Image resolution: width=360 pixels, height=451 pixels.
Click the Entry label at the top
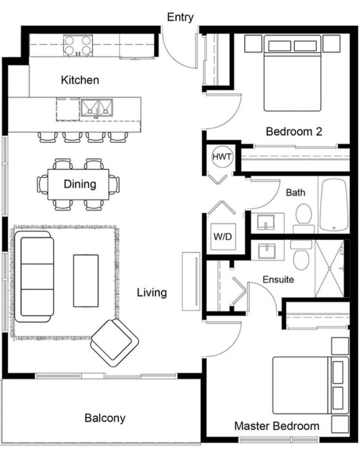[x=180, y=17]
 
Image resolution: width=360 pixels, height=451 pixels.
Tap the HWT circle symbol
[x=222, y=157]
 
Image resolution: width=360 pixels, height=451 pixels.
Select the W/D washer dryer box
[x=223, y=237]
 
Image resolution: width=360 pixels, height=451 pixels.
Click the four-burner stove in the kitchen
[x=78, y=46]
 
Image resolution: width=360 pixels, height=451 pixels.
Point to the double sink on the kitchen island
[x=97, y=108]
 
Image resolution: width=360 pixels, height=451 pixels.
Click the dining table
[x=78, y=184]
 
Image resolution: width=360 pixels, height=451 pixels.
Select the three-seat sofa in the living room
[x=35, y=277]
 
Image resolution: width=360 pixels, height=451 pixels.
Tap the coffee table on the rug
[x=86, y=281]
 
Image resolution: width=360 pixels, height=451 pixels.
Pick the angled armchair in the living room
[x=115, y=343]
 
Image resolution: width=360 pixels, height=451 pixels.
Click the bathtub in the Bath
[x=334, y=205]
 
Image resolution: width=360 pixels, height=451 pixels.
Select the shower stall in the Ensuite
[x=329, y=269]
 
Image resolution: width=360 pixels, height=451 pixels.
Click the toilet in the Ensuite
[x=301, y=255]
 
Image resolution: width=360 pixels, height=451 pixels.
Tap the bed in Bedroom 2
[x=292, y=73]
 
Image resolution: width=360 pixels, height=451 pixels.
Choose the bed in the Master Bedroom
[x=310, y=385]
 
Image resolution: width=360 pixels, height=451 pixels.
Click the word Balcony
[x=105, y=418]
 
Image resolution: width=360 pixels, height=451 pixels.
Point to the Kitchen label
[x=80, y=80]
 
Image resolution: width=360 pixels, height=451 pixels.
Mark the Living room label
[x=152, y=293]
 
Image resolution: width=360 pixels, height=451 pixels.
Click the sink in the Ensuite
[x=267, y=250]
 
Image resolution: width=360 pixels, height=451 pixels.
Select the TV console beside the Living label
[x=191, y=281]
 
